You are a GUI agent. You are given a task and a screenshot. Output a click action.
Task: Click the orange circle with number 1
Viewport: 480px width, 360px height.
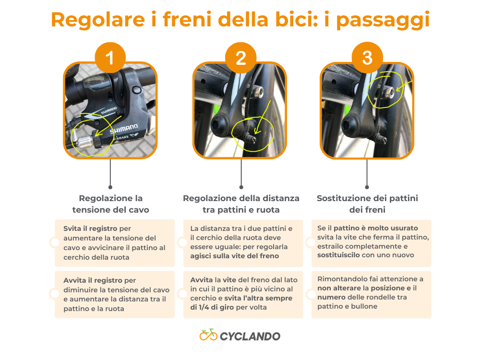coord(110,59)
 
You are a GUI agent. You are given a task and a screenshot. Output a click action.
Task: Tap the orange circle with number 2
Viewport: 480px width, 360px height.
coord(240,59)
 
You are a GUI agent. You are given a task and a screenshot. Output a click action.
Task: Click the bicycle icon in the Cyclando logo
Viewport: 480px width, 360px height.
coord(208,335)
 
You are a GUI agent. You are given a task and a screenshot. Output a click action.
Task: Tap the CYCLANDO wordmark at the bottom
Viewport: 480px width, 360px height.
coord(250,336)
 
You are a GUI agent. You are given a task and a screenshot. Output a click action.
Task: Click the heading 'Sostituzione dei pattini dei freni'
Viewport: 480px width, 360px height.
coord(367,204)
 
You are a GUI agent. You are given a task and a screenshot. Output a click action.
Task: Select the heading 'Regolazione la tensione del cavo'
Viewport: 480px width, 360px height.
coord(110,204)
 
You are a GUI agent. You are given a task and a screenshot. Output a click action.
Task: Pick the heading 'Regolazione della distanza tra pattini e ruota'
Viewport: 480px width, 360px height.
coord(241,204)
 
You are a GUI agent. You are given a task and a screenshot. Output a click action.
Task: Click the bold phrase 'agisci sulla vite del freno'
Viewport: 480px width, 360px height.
coord(234,256)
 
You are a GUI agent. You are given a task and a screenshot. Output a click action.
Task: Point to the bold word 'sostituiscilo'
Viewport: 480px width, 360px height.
coord(338,255)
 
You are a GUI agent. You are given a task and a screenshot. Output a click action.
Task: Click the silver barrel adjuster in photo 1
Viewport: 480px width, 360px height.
coord(84,141)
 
